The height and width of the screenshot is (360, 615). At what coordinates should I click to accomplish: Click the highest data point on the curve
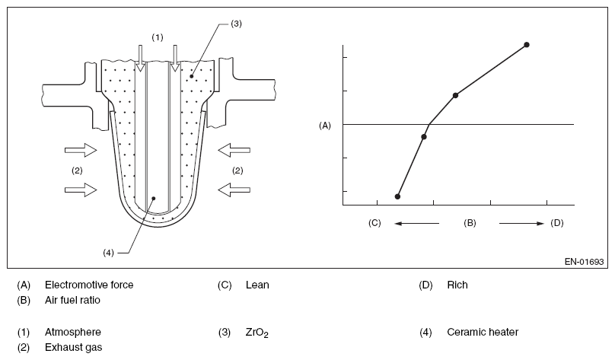527,45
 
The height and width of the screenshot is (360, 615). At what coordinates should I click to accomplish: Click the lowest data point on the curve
398,196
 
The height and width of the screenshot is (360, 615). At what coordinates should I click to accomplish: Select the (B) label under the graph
470,223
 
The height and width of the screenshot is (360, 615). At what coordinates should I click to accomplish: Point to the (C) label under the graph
374,223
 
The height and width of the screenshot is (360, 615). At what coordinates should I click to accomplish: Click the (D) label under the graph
556,223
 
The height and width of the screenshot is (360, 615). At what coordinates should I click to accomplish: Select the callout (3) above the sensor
236,24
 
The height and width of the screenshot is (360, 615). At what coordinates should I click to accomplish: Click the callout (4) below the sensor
107,253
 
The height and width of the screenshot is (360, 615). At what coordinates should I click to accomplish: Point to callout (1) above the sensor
157,37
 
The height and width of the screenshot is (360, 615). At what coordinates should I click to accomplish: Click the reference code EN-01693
584,262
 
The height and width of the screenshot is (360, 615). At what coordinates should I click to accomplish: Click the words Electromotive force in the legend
89,285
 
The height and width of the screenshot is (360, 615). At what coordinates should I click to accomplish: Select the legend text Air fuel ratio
72,300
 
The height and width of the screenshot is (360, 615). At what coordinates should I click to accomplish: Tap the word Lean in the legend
257,285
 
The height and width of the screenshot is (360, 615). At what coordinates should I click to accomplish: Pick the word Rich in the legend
457,285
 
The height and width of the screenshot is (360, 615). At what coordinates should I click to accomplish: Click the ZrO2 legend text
257,333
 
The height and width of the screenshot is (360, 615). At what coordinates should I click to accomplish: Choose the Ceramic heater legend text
483,332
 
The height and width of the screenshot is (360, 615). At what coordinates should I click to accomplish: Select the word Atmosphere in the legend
73,332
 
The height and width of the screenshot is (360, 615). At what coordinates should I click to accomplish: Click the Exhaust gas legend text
74,347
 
